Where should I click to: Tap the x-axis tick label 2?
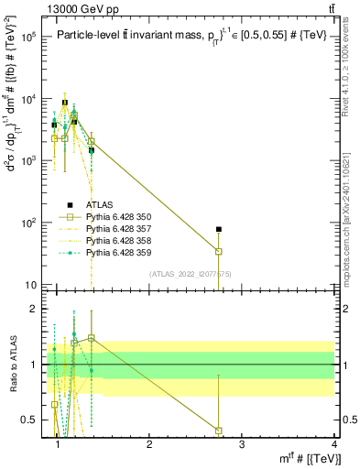click(x=149, y=444)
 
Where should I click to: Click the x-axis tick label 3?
click(x=242, y=444)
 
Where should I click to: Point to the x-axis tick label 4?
click(x=333, y=444)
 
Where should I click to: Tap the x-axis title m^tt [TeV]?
click(x=301, y=458)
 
